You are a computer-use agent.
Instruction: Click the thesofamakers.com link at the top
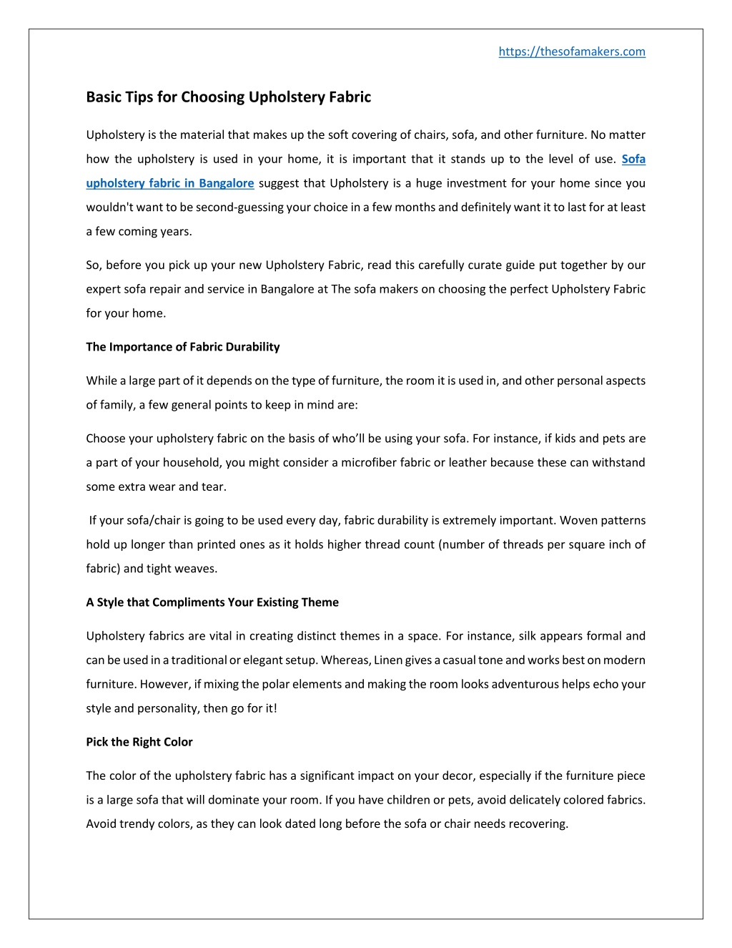coord(572,52)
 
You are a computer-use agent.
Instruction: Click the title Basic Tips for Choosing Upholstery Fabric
coord(229,97)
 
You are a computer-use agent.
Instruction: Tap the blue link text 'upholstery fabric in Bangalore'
coord(170,183)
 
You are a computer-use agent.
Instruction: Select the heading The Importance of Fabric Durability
coord(183,347)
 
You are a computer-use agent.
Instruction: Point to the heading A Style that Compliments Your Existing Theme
coord(212,602)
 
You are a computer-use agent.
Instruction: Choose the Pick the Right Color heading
coord(139,742)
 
